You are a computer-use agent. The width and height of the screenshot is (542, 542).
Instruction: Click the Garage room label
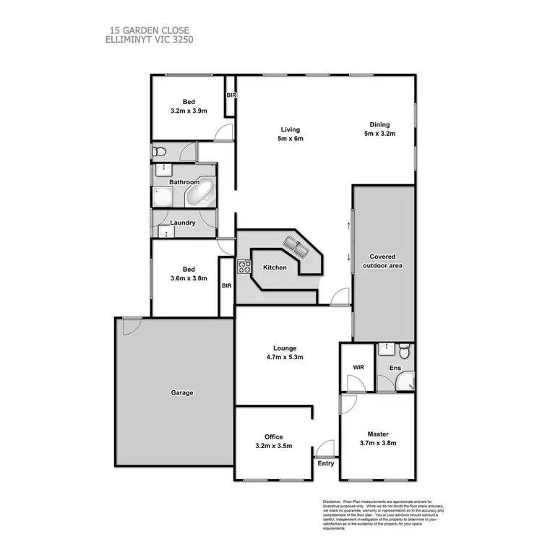pyautogui.click(x=182, y=393)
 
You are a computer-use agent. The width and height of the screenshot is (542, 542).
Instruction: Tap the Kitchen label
pyautogui.click(x=275, y=267)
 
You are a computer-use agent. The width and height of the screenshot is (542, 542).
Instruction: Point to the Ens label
pyautogui.click(x=395, y=369)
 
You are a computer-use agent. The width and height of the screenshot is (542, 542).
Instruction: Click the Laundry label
pyautogui.click(x=183, y=223)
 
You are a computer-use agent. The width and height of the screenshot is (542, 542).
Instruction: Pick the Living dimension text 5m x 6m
pyautogui.click(x=288, y=139)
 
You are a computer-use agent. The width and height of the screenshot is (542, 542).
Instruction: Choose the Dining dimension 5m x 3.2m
pyautogui.click(x=379, y=133)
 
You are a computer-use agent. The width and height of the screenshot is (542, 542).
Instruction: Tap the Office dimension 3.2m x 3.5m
pyautogui.click(x=275, y=446)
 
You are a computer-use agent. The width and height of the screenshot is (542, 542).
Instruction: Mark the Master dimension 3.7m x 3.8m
pyautogui.click(x=378, y=443)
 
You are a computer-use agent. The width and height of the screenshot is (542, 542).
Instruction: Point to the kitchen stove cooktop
pyautogui.click(x=244, y=268)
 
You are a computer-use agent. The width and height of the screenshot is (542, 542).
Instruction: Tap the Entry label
pyautogui.click(x=326, y=463)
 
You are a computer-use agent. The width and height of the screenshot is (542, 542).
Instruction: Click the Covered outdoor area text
pyautogui.click(x=382, y=261)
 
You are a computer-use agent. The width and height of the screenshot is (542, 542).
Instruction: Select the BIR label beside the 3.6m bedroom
pyautogui.click(x=226, y=285)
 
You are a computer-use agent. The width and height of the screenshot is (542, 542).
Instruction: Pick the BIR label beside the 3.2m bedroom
pyautogui.click(x=231, y=95)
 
